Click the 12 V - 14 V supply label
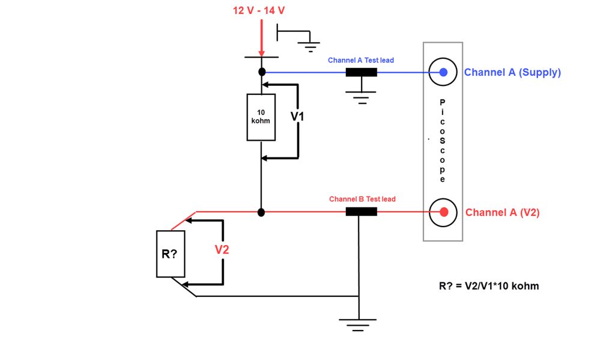point(258,11)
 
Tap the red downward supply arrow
point(262,38)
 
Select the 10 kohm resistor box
point(261,117)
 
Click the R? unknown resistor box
point(171,254)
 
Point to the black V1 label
point(297,117)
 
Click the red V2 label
point(222,249)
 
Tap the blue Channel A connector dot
point(443,72)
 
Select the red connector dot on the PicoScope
point(444,212)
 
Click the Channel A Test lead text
point(361,60)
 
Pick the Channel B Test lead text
point(362,199)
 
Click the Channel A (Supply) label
point(512,73)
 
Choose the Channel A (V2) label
point(503,212)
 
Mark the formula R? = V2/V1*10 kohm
point(489,286)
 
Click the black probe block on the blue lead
point(361,72)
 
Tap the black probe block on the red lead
point(361,212)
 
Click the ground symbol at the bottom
point(358,325)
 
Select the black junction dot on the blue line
point(262,72)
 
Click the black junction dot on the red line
point(261,212)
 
